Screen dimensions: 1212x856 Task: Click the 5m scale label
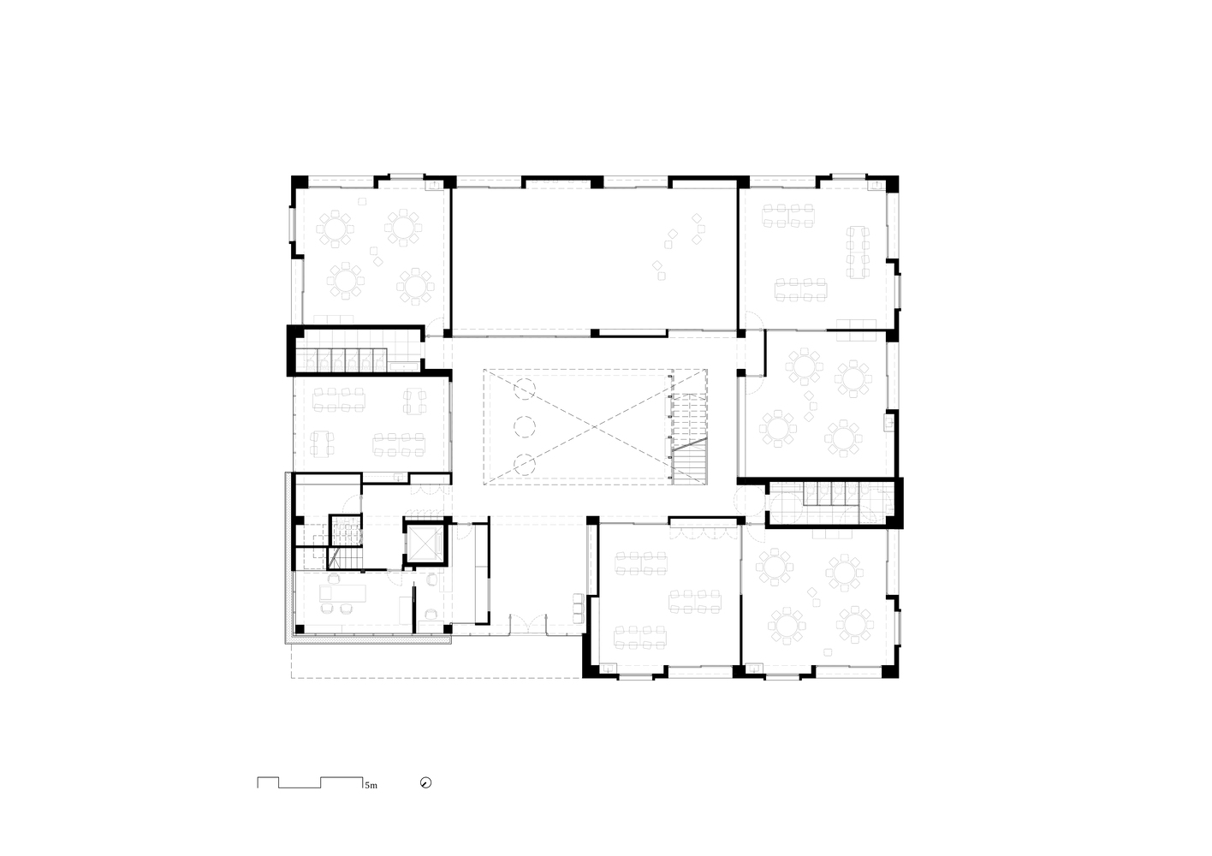(x=371, y=786)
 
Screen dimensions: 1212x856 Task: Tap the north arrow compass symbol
(x=425, y=783)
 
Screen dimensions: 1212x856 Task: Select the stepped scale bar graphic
(x=310, y=782)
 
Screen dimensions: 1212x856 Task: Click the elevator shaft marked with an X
(x=425, y=543)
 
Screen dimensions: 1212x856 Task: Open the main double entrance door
(x=529, y=624)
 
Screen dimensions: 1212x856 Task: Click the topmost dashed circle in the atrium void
(x=525, y=389)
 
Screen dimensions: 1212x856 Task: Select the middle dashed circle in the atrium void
(x=525, y=426)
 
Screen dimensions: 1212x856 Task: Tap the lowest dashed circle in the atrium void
(x=525, y=464)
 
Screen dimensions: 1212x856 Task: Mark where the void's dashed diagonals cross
(x=595, y=427)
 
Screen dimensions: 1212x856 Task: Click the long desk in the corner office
(x=342, y=593)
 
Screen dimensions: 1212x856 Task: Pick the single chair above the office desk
(x=333, y=579)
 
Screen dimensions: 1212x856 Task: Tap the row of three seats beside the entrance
(x=579, y=608)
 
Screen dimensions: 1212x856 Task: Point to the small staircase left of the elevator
(x=345, y=542)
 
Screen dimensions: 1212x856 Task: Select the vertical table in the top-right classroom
(x=858, y=253)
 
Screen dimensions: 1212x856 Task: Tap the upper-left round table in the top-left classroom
(x=336, y=229)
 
